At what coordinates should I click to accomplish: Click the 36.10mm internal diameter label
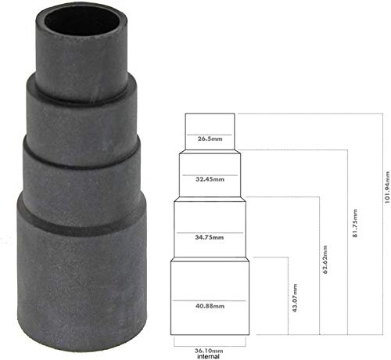(x=208, y=347)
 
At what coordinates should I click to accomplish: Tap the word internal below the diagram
(x=208, y=355)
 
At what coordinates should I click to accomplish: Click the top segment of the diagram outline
(x=209, y=125)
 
